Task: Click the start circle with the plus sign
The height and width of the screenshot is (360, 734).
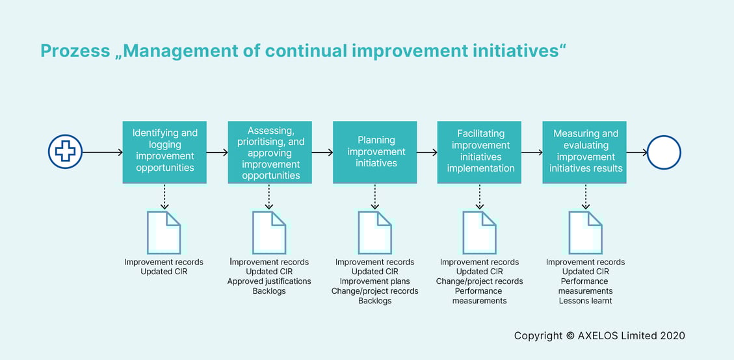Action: click(x=65, y=153)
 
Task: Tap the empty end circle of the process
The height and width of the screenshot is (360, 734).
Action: click(x=664, y=153)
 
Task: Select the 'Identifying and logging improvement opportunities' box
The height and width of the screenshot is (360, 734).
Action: click(x=164, y=152)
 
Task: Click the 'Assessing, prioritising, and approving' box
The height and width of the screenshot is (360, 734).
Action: click(x=270, y=152)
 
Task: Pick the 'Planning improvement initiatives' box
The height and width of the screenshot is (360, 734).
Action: click(x=375, y=152)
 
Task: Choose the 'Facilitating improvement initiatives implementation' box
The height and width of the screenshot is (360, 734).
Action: click(x=479, y=152)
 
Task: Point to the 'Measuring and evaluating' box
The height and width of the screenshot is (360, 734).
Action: click(x=585, y=152)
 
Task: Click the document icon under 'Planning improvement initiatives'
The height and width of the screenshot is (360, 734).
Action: click(x=375, y=232)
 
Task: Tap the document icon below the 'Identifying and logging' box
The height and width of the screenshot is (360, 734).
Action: click(x=164, y=232)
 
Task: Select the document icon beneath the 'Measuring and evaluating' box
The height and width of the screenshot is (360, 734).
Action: click(x=585, y=232)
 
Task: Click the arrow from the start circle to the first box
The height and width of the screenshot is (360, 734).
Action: click(x=103, y=153)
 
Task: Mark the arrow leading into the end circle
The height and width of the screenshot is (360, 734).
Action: click(x=637, y=153)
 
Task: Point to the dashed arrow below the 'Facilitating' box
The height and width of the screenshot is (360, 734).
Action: click(x=480, y=196)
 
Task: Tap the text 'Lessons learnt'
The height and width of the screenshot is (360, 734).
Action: click(x=585, y=301)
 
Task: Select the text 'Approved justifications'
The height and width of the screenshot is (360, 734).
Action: click(x=269, y=281)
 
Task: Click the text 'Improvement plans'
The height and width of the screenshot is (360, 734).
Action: click(x=374, y=281)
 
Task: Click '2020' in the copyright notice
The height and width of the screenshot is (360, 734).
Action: click(x=672, y=336)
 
